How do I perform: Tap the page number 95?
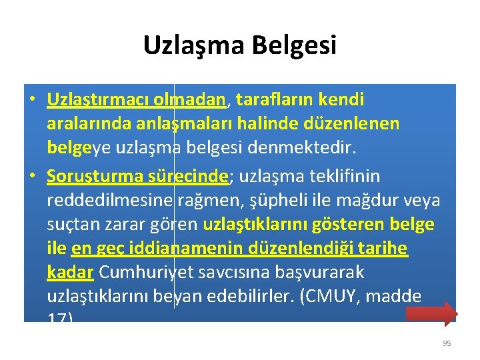tap(447, 343)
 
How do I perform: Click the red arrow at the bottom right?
tap(431, 313)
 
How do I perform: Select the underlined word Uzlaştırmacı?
tap(89, 100)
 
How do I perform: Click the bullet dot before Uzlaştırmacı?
tap(33, 101)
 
